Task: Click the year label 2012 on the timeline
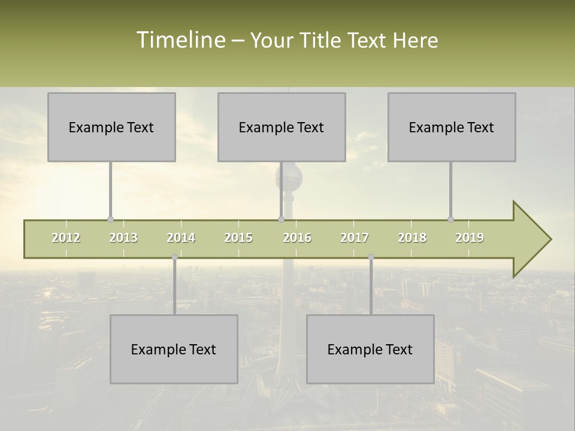tap(66, 238)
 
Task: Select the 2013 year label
tap(123, 238)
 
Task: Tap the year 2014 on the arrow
tap(181, 238)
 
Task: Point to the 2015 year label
tap(238, 238)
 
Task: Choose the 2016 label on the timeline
tap(297, 238)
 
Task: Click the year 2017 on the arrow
tap(355, 238)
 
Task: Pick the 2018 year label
tap(412, 238)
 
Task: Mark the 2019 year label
tap(470, 238)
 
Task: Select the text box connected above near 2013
tap(111, 127)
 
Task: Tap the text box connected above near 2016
tap(282, 127)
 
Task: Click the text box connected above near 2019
tap(452, 127)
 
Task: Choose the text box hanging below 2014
tap(174, 349)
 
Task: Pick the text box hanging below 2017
tap(370, 349)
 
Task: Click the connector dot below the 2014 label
tap(174, 257)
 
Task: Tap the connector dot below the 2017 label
tap(371, 257)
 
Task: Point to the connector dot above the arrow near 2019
tap(450, 219)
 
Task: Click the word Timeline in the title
tap(180, 40)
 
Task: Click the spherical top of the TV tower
tap(289, 177)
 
